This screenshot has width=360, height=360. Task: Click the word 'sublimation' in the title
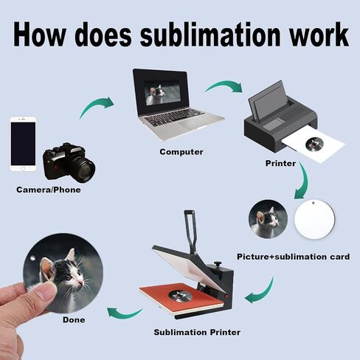(x=210, y=35)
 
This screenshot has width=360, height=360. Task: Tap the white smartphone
(x=23, y=144)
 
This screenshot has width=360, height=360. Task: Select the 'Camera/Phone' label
(x=49, y=190)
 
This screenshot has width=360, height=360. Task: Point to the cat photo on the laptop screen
(x=162, y=94)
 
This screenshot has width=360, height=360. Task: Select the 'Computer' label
(x=181, y=152)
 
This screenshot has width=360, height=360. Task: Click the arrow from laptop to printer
(x=223, y=86)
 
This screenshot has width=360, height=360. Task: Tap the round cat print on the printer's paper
(x=314, y=145)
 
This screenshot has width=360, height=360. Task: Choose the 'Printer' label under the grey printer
(x=280, y=163)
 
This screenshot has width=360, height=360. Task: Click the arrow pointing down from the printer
(x=305, y=181)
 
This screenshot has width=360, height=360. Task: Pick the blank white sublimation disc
(x=314, y=219)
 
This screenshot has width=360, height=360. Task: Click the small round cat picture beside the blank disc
(x=268, y=219)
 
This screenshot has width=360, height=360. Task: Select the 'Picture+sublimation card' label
(x=293, y=257)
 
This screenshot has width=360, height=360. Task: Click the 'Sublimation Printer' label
(x=197, y=332)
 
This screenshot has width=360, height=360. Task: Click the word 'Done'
(x=74, y=319)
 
